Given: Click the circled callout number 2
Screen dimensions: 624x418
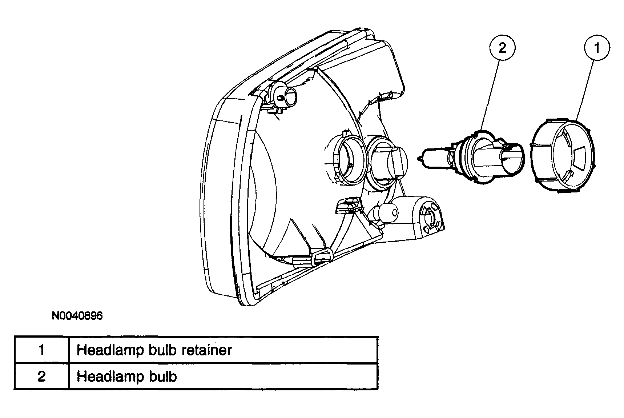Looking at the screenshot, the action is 502,48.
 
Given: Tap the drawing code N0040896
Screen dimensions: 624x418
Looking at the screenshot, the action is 77,315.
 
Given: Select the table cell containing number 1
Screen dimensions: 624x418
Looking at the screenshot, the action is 41,350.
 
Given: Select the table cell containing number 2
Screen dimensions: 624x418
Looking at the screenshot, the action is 41,376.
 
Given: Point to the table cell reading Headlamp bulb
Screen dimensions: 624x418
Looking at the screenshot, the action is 223,376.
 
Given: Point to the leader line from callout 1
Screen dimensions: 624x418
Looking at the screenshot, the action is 585,91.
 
